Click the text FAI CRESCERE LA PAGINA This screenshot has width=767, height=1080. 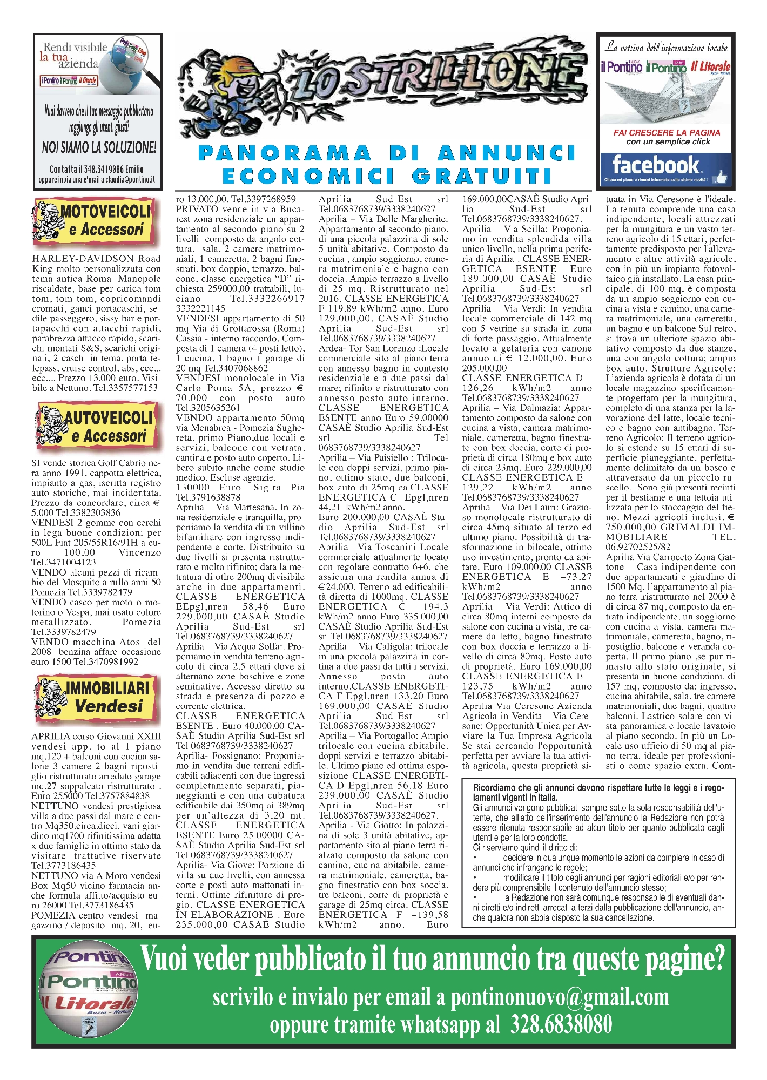tap(667, 132)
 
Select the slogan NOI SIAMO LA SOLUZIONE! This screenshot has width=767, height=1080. tap(99, 147)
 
